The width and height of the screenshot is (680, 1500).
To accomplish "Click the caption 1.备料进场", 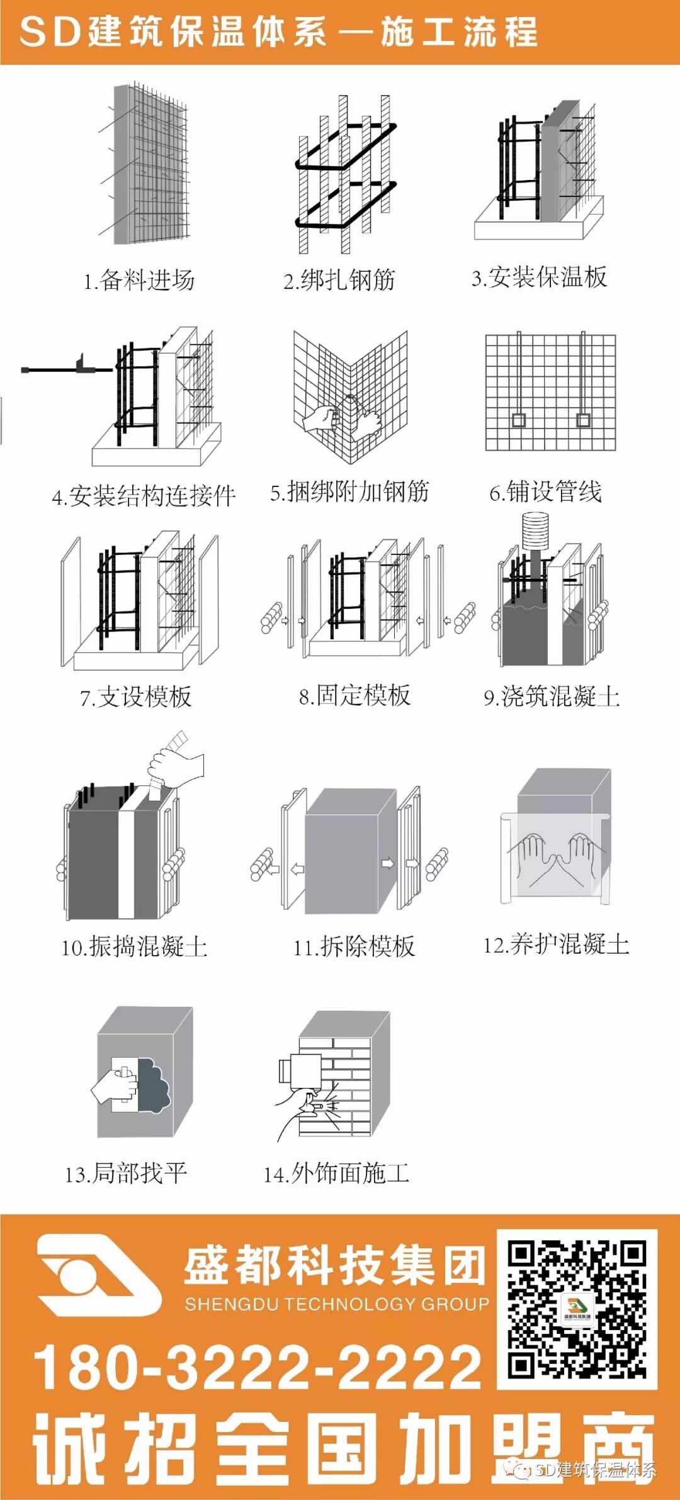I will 139,280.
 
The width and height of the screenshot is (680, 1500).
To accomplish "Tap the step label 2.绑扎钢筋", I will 339,280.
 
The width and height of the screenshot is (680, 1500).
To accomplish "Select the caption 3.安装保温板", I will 540,277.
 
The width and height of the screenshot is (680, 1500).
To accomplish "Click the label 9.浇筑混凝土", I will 552,697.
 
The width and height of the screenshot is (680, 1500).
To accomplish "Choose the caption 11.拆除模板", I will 354,946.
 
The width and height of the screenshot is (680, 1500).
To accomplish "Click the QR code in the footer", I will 577,1309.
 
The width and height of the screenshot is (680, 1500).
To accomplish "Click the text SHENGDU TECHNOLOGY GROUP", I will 337,1304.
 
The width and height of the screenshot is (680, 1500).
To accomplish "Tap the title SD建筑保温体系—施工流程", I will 278,31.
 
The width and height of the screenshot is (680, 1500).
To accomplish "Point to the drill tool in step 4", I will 63,368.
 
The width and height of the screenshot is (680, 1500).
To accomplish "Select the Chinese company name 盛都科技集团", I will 334,1266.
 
